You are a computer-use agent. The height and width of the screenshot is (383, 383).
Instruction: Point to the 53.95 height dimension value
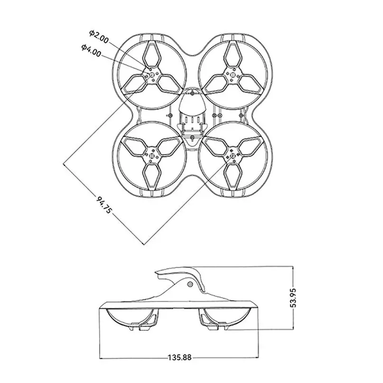point(294,297)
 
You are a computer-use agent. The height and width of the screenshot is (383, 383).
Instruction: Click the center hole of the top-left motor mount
point(151,74)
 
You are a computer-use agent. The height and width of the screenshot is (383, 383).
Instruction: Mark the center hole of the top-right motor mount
point(232,74)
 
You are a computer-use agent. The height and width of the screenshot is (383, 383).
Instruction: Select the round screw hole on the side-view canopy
point(190,284)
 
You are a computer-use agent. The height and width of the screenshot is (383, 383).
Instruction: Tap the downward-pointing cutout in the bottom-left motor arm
point(151,177)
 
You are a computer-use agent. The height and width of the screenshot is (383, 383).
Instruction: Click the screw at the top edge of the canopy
point(192,93)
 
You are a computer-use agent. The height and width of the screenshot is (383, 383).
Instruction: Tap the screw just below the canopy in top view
point(191,137)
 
